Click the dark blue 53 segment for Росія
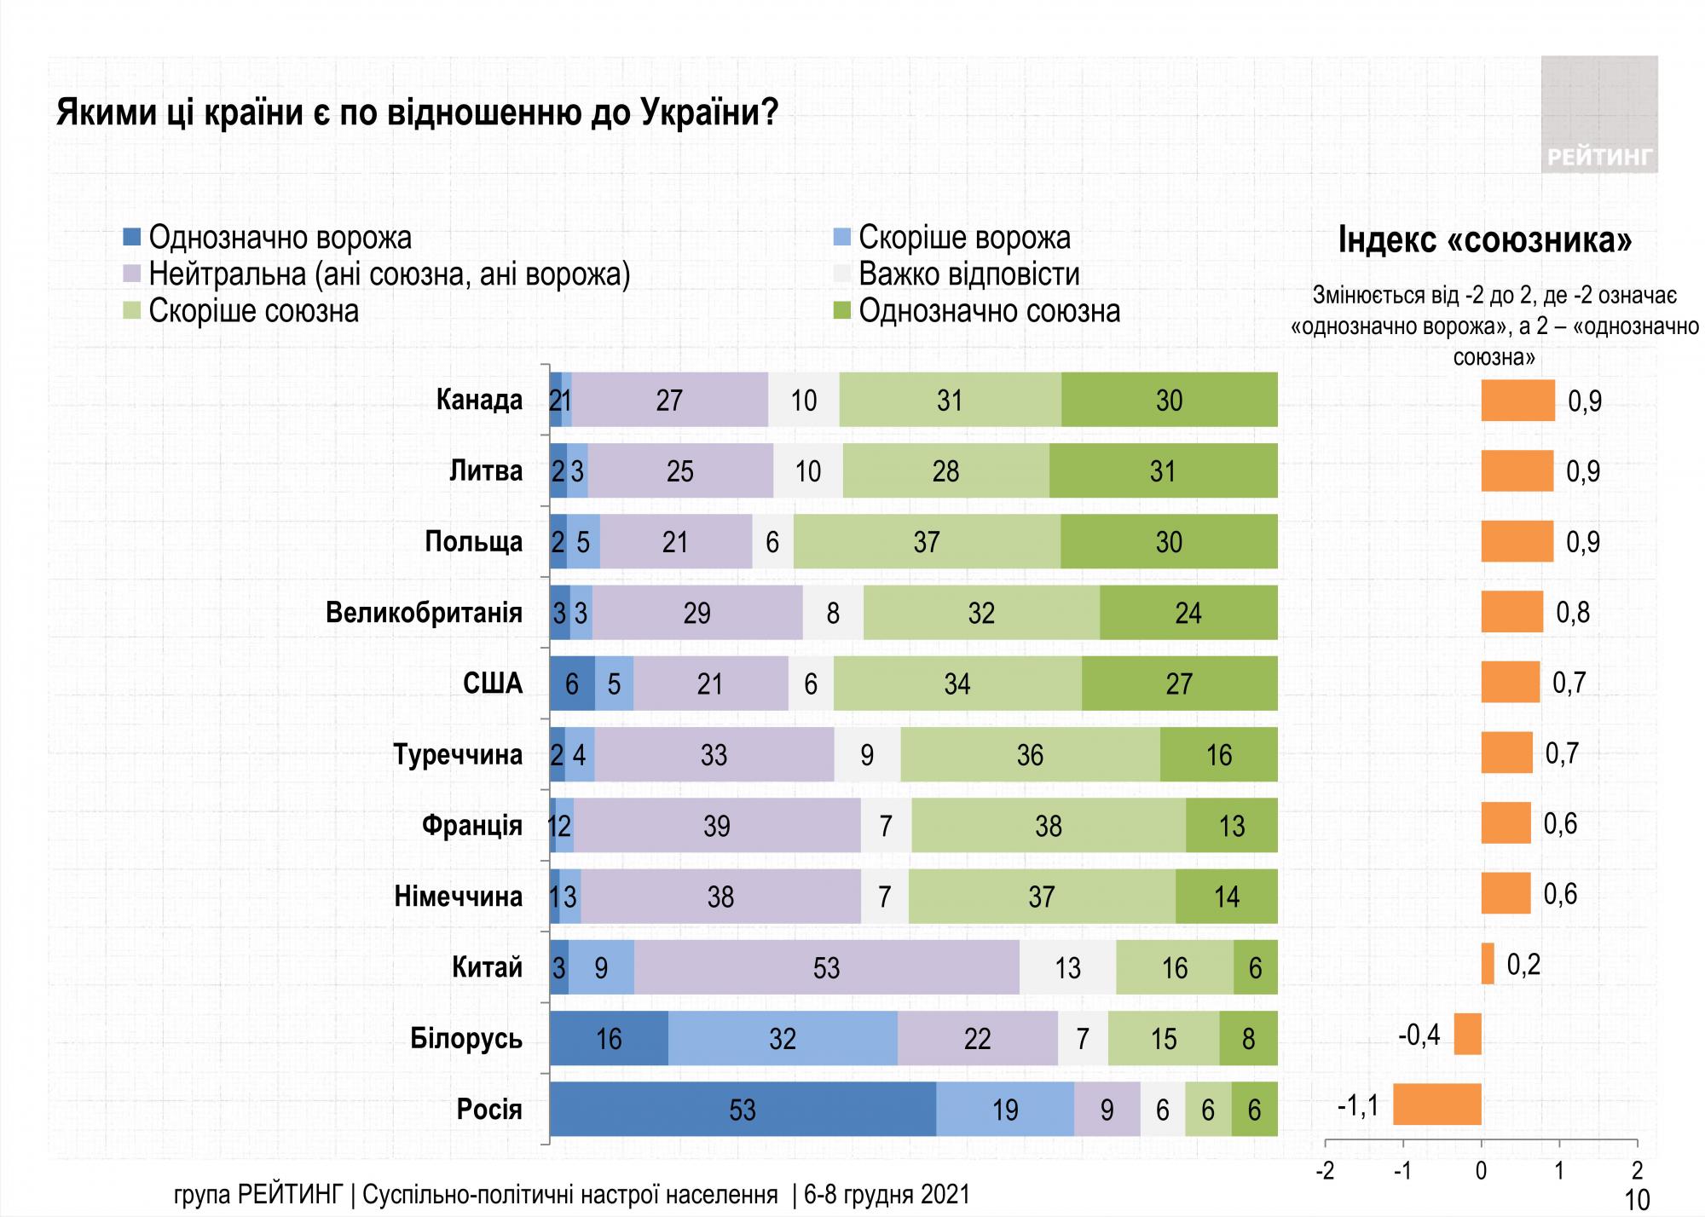coord(743,1110)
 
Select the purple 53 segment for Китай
coord(826,967)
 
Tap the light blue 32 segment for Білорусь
coord(783,1038)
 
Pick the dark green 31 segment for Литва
coord(1163,470)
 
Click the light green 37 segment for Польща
coord(927,541)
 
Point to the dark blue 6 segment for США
coord(572,683)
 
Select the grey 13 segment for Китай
coord(1067,967)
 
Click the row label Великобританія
coord(424,613)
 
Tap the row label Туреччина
coord(458,754)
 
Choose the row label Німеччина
coord(458,897)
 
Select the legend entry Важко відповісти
coord(968,274)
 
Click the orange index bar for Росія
coord(1436,1105)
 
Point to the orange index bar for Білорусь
coord(1467,1034)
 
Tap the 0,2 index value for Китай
coord(1523,965)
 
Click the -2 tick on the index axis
coord(1325,1170)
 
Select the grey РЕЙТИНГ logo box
coord(1598,115)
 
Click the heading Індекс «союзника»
coord(1484,240)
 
